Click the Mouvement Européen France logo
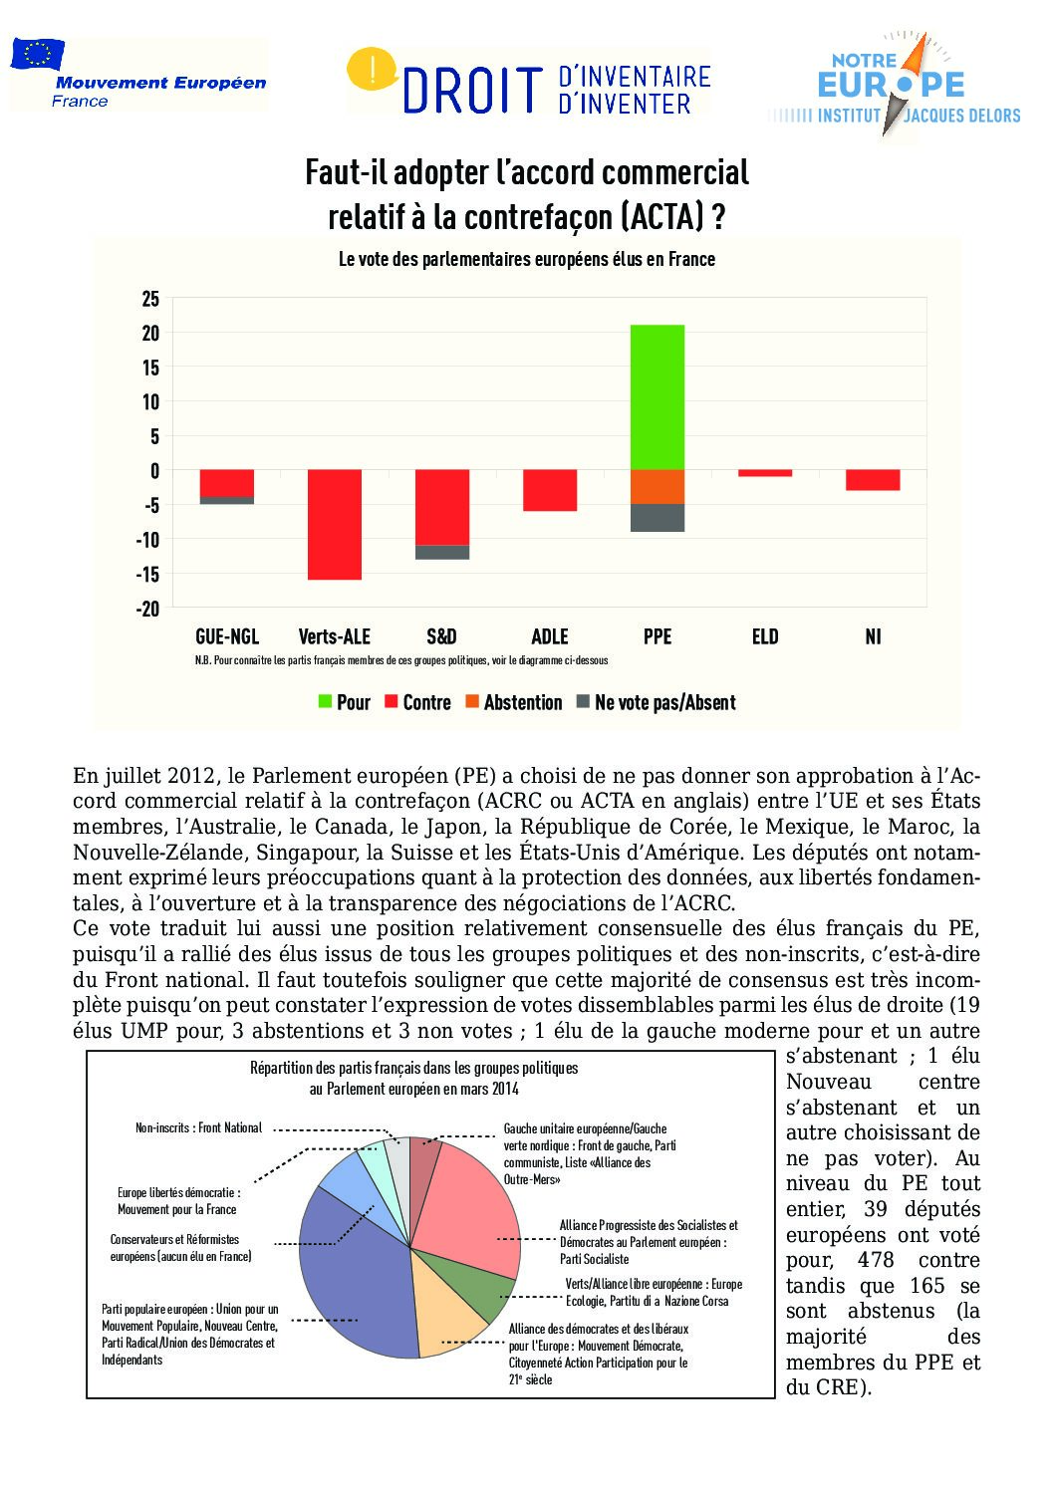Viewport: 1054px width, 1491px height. pos(138,75)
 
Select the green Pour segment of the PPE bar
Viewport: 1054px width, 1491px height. pos(658,396)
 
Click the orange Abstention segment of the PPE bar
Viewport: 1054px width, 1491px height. pos(658,487)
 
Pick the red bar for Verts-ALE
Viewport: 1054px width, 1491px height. pos(335,524)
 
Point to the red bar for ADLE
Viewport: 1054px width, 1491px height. pos(550,490)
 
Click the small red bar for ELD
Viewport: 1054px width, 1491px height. pos(765,473)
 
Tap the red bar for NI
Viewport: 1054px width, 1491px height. pos(873,480)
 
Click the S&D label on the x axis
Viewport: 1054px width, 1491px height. pos(441,636)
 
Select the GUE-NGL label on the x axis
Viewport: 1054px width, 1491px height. pos(227,636)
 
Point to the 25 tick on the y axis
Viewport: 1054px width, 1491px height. pos(150,299)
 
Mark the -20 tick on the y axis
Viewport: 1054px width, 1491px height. pos(148,609)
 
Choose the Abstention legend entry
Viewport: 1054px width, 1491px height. pos(513,702)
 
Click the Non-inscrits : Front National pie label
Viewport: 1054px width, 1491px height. pos(198,1127)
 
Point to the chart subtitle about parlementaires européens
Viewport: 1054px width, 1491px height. pos(527,259)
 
